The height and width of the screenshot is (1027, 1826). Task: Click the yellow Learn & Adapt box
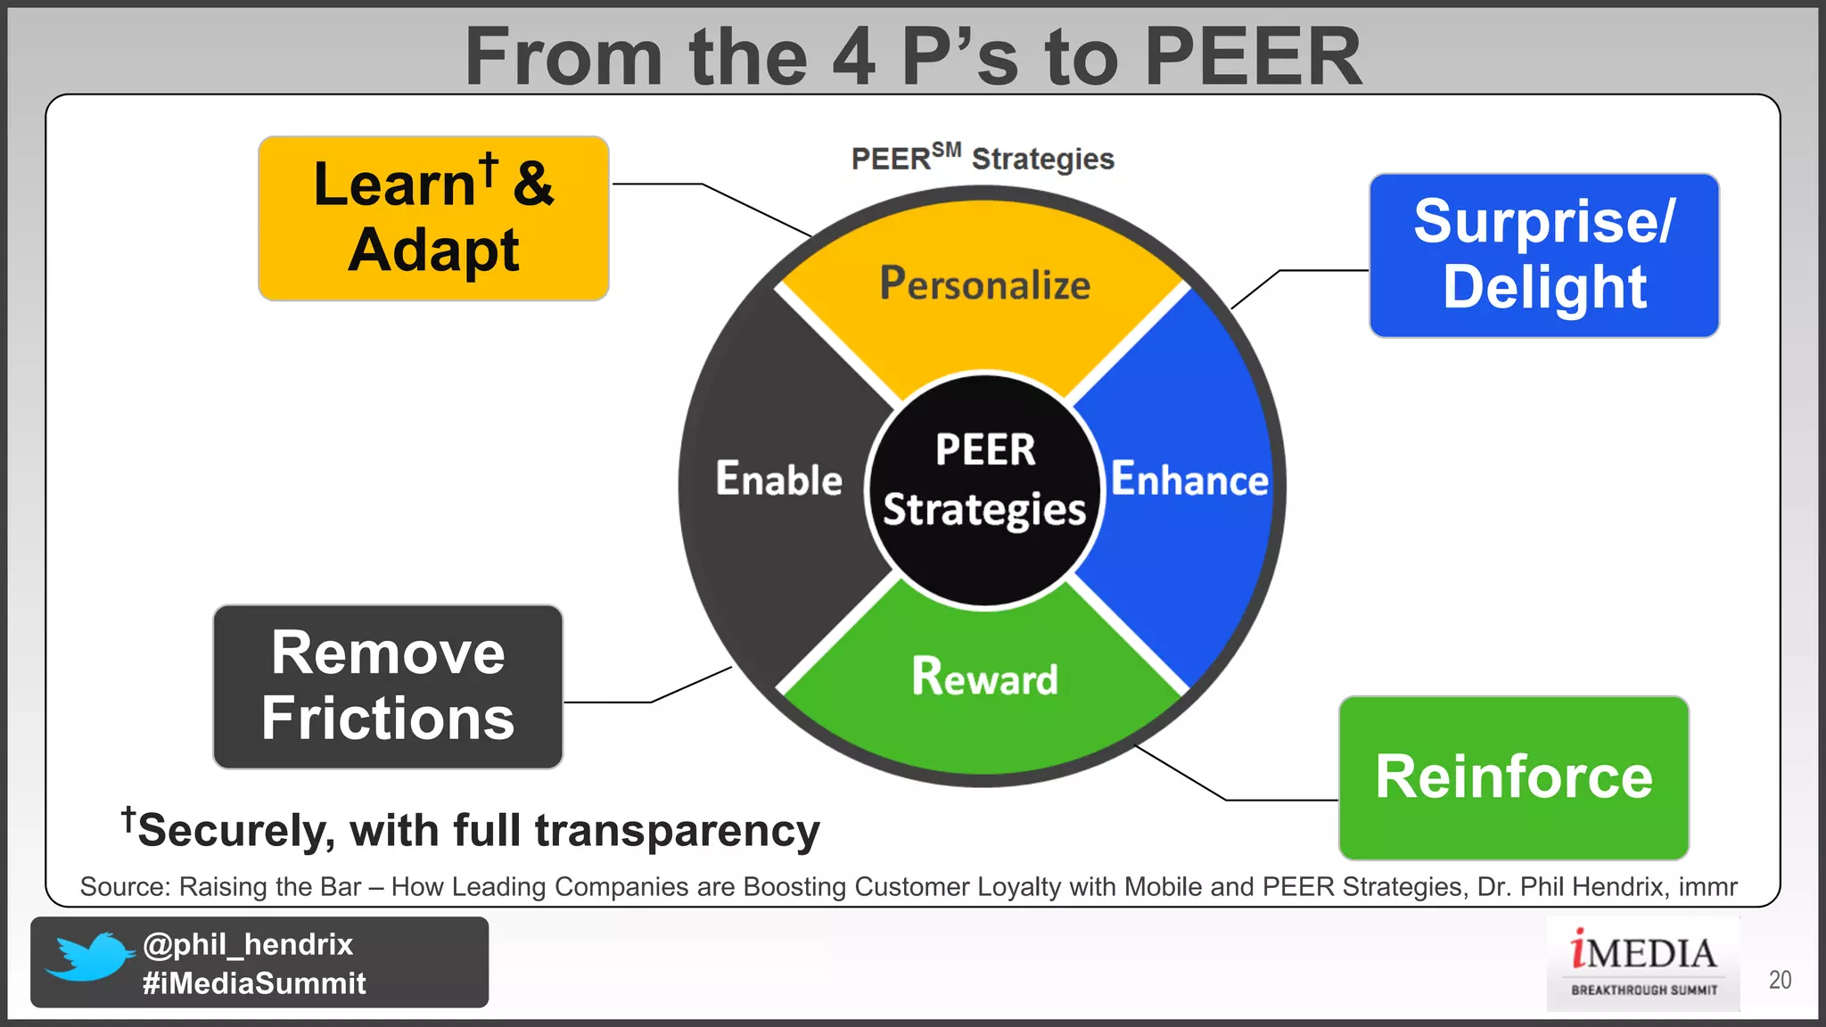pos(433,218)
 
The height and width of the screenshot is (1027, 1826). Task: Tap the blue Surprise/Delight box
pos(1543,256)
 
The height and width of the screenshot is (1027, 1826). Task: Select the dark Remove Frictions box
pos(388,686)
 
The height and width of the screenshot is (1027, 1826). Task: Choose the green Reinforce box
pos(1513,777)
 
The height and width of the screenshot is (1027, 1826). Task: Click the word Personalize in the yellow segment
pos(984,284)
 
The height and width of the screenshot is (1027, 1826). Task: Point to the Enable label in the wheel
pos(778,480)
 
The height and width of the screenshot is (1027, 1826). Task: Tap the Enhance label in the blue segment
pos(1189,480)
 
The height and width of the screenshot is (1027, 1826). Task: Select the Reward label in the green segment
pos(984,677)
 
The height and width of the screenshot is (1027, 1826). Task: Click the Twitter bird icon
pos(89,957)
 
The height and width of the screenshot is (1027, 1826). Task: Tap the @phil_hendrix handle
pos(248,944)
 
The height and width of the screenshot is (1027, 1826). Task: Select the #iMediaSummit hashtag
pos(254,983)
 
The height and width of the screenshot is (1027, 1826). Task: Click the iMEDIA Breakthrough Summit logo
pos(1642,964)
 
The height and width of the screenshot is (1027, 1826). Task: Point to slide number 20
pos(1780,980)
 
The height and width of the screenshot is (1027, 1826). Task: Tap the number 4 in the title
pos(853,57)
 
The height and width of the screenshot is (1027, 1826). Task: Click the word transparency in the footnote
pos(677,831)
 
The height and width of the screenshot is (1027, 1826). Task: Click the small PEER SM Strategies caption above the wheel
pos(983,159)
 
